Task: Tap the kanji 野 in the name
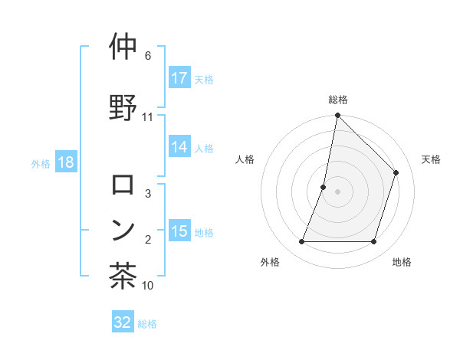[123, 107]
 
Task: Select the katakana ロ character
[123, 185]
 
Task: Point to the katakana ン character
[123, 231]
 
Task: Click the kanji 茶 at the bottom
[123, 277]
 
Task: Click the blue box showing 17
[179, 77]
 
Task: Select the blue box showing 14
[179, 147]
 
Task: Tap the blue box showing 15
[179, 231]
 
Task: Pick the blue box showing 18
[65, 162]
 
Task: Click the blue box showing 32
[123, 322]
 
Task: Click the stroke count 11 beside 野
[148, 117]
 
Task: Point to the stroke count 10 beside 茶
[148, 286]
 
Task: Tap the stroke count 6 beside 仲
[148, 56]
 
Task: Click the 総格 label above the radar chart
[338, 100]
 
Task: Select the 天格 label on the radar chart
[431, 159]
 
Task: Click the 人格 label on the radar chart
[245, 159]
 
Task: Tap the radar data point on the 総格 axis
[337, 116]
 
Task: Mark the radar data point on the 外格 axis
[301, 242]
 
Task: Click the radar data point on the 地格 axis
[374, 242]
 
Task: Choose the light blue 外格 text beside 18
[41, 163]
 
